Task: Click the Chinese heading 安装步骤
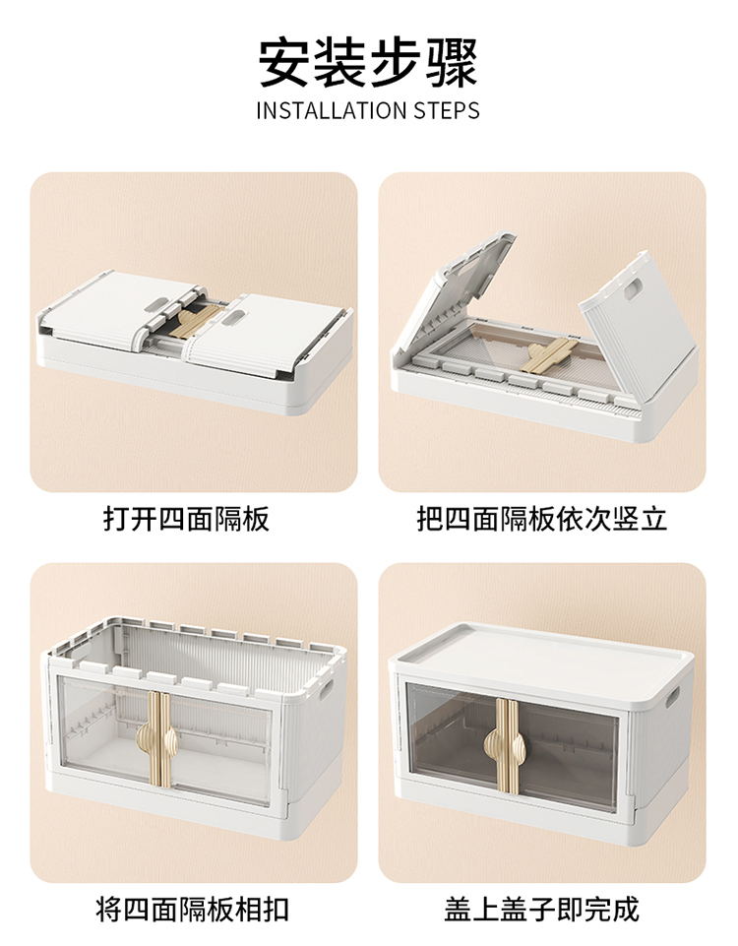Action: pos(368,63)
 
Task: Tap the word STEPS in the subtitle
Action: pos(446,111)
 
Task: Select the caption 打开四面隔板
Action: pos(186,519)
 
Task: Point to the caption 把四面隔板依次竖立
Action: pos(542,519)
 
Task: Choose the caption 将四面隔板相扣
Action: pos(193,910)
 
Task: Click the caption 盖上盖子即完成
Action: pos(542,910)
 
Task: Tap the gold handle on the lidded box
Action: pos(508,746)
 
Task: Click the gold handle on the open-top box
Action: pos(159,741)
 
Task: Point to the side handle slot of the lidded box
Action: pos(673,697)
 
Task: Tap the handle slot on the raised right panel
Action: pos(633,289)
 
